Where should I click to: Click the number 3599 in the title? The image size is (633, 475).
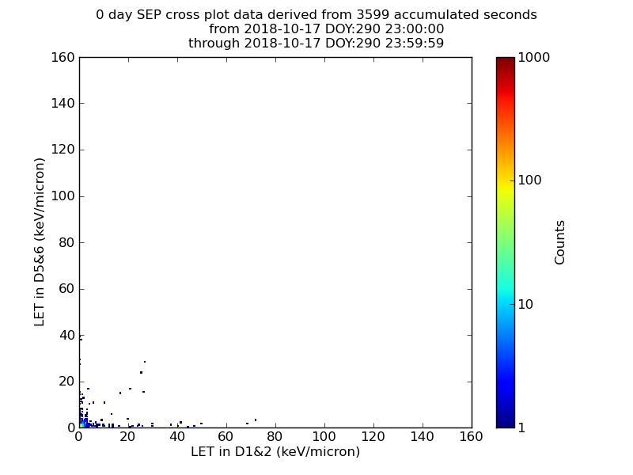click(x=373, y=15)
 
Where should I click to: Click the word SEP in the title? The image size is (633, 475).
click(x=149, y=15)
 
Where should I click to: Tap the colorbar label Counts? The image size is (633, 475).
click(x=559, y=242)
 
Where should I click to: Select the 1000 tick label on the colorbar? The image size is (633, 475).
click(x=533, y=57)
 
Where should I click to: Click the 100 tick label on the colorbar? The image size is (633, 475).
click(x=529, y=180)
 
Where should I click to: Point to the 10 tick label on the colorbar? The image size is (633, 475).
click(x=525, y=304)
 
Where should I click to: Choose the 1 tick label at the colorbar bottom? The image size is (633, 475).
click(x=521, y=427)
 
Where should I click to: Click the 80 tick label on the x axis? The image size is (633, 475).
click(x=275, y=437)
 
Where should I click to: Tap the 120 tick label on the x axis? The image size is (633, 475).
click(x=373, y=437)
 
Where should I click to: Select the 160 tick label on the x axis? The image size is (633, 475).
click(x=471, y=437)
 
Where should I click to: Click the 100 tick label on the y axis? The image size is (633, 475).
click(x=63, y=196)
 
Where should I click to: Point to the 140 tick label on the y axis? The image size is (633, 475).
click(x=63, y=104)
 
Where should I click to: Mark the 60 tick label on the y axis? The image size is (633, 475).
click(x=67, y=289)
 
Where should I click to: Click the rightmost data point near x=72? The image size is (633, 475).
click(x=256, y=420)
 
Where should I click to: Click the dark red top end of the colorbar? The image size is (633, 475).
click(x=506, y=59)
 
